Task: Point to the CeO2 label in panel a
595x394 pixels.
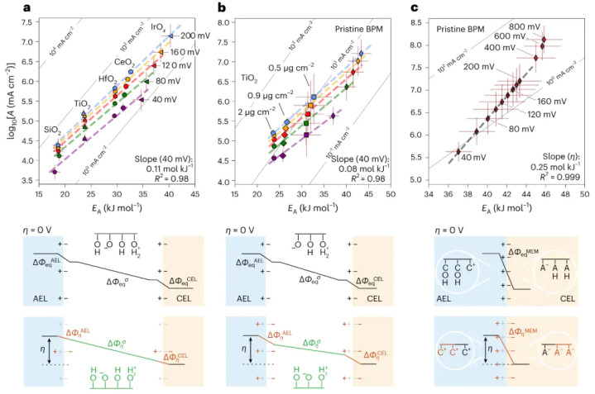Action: (125, 61)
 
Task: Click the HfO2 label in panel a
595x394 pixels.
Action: (106, 79)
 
